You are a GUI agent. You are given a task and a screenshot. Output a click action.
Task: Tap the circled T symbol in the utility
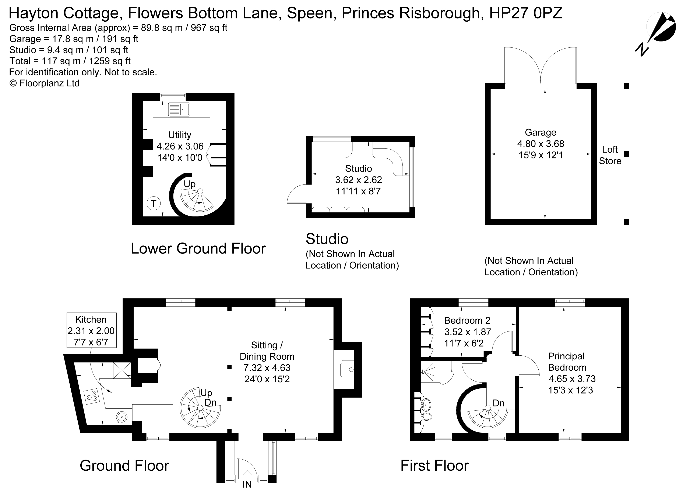click(x=154, y=204)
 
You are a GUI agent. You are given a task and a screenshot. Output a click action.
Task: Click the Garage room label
click(x=541, y=132)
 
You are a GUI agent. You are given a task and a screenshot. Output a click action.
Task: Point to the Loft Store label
click(x=610, y=155)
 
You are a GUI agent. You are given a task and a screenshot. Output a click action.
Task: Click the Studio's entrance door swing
click(x=297, y=194)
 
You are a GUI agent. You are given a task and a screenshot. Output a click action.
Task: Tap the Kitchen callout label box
click(x=91, y=330)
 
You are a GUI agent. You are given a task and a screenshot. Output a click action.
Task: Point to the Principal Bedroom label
click(x=567, y=362)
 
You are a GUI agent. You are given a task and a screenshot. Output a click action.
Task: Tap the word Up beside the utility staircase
click(x=190, y=184)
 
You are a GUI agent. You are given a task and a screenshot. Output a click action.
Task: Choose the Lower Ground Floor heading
click(x=198, y=248)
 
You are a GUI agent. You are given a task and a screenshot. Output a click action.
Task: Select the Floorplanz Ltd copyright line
click(x=45, y=83)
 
